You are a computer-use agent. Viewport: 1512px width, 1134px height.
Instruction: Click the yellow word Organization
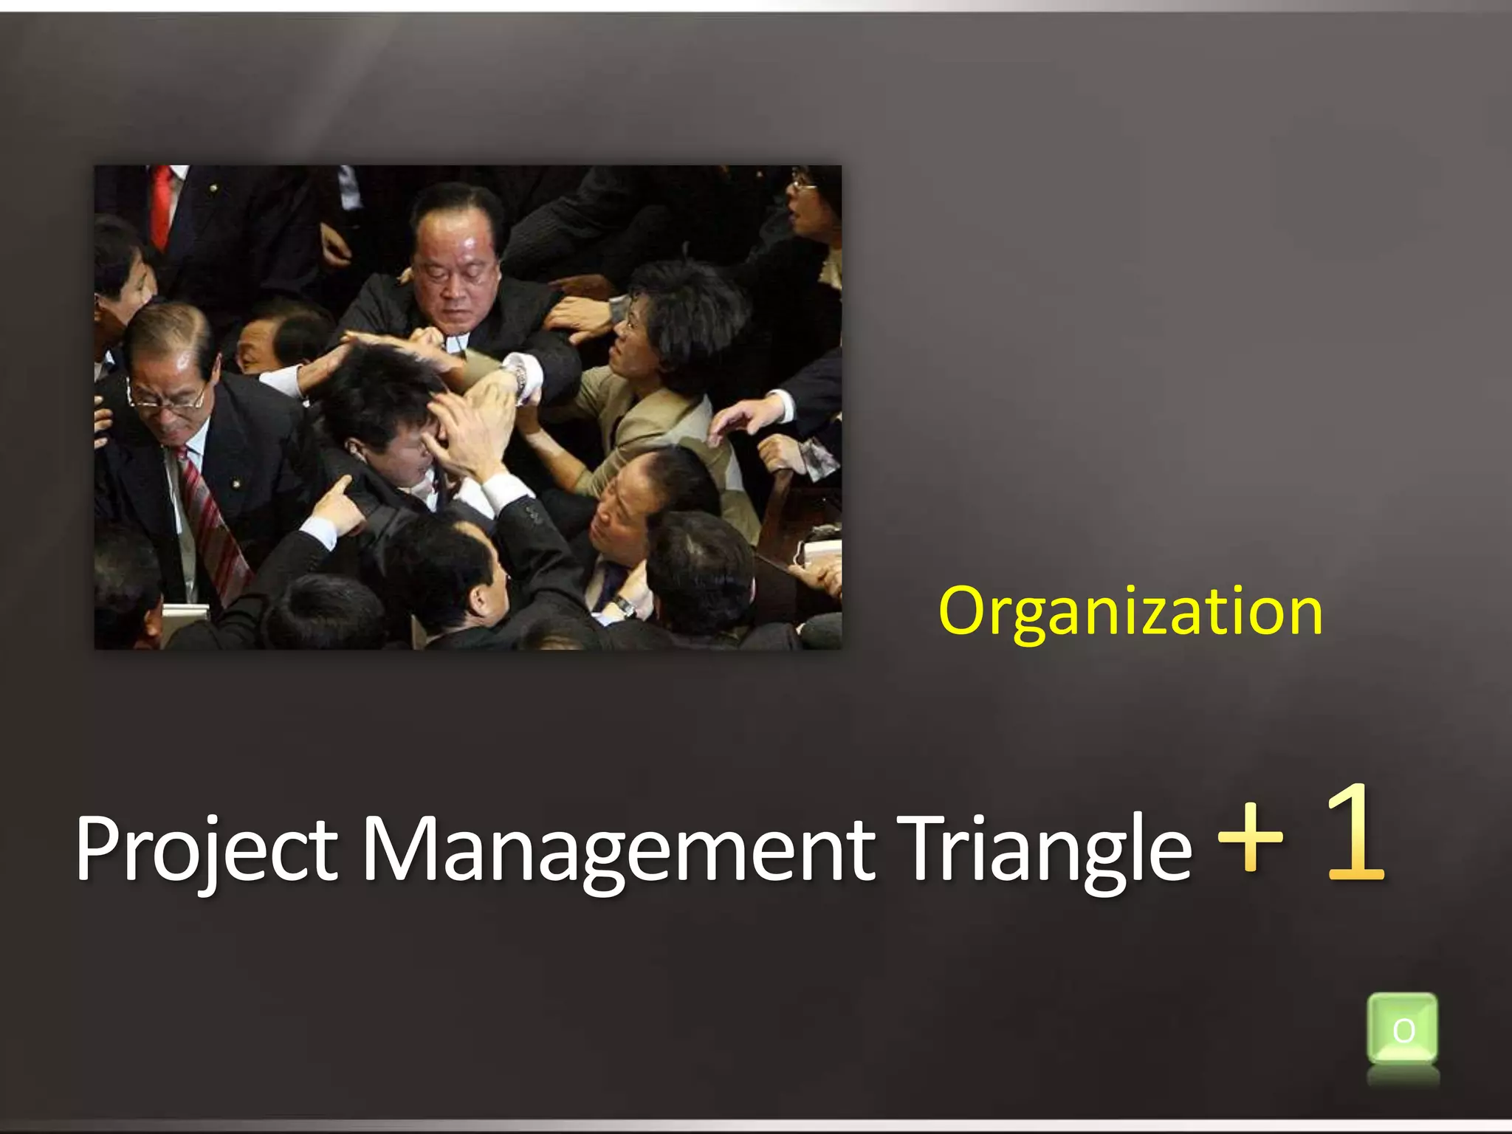1130,611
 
